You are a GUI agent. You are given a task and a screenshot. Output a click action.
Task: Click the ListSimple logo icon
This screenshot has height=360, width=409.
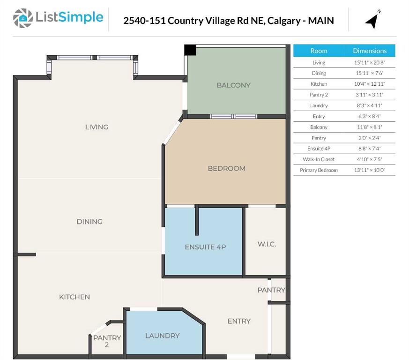(x=23, y=18)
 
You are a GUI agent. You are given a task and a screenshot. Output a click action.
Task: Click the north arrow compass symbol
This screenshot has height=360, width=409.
(x=373, y=20)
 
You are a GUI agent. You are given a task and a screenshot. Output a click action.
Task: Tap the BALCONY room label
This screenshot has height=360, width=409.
(x=233, y=85)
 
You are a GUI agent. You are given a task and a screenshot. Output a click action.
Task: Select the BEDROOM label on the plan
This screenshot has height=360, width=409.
(x=226, y=168)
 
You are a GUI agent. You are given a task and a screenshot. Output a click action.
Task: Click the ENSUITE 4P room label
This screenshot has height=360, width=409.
(x=205, y=247)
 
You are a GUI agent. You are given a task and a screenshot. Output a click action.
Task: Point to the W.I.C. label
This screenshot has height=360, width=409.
(x=267, y=244)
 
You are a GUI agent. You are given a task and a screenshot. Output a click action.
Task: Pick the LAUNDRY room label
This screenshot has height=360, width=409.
(x=162, y=336)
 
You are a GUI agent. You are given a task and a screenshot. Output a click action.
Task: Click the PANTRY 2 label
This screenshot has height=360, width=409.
(x=107, y=341)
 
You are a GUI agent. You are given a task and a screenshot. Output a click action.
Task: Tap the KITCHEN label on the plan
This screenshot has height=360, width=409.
(x=74, y=297)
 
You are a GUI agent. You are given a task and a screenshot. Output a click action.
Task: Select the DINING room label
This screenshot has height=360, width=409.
(x=89, y=221)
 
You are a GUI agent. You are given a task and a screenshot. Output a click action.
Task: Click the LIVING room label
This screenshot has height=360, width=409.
(x=97, y=127)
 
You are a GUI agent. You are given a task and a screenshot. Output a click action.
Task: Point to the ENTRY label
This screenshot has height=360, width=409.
(x=239, y=321)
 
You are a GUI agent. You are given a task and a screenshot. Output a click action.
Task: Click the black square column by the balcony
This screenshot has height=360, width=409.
(x=190, y=50)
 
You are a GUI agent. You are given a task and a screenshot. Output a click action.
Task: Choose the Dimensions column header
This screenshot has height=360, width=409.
(x=370, y=51)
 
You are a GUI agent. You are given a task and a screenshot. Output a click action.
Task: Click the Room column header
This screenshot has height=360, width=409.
(x=319, y=51)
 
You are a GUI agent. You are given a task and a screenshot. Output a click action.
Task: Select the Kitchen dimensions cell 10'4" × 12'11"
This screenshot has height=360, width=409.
(x=370, y=84)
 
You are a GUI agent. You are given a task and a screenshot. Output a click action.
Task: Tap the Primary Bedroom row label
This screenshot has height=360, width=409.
(x=319, y=170)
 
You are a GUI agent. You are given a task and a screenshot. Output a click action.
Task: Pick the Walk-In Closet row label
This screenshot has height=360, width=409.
(x=319, y=159)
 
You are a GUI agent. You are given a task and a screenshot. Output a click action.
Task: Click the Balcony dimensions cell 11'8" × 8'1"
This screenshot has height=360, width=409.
(x=370, y=127)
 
